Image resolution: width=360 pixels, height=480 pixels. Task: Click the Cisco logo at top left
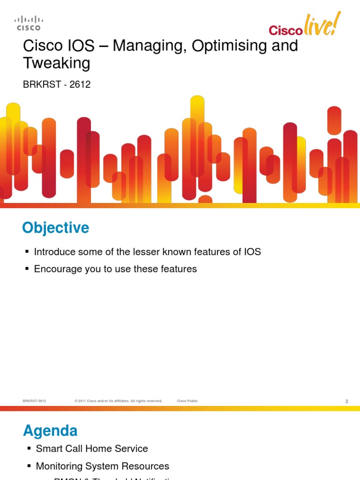coord(29,23)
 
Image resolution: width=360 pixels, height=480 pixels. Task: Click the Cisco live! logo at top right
coord(304,26)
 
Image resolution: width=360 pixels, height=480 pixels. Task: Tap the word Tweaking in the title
coord(57,63)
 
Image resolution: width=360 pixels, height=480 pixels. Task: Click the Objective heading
coord(55,228)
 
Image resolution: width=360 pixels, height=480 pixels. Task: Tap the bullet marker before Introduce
coord(27,252)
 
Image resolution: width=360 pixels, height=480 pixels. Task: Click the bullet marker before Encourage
coord(27,270)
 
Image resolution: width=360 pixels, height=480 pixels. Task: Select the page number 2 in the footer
coord(346,401)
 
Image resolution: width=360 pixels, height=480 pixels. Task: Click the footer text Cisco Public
coord(187,401)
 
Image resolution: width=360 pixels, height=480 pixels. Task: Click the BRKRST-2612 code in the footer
coord(34,401)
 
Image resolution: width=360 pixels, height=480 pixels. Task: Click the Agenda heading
coord(50,430)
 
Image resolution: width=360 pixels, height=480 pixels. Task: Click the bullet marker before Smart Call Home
coord(29,449)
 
